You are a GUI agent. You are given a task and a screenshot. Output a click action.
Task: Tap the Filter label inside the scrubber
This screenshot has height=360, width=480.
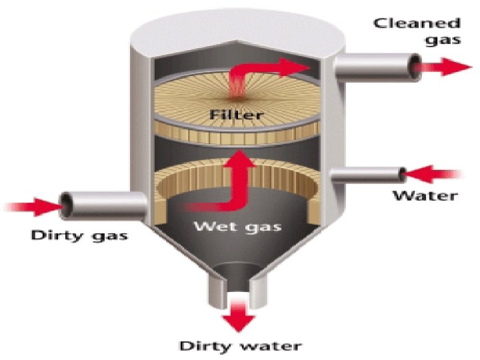tap(236, 115)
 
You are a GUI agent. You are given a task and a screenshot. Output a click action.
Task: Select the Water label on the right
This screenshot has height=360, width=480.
tap(425, 195)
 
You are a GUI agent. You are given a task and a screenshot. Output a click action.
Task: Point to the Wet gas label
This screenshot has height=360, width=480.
tap(237, 227)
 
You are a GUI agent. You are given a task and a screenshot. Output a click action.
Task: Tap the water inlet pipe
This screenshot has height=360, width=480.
tap(367, 176)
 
